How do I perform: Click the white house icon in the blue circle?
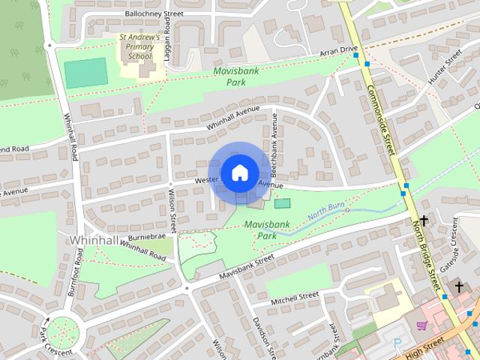pos(239,172)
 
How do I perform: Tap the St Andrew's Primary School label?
pos(139,46)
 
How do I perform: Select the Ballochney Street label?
pos(154,13)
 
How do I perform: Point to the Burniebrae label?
pos(148,235)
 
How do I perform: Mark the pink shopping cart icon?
pos(421,325)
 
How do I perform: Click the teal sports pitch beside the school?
pos(85,73)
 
